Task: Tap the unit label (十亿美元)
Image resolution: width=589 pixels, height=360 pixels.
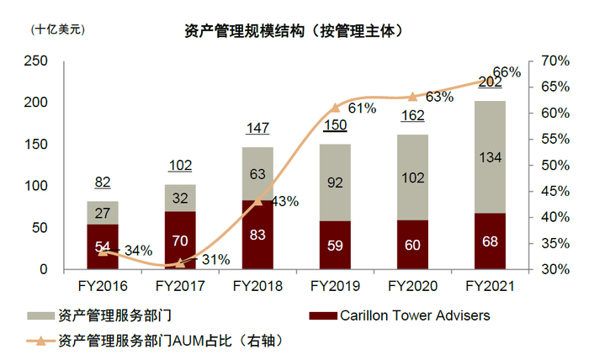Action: pos(58,29)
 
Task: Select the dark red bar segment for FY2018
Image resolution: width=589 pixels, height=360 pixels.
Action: pos(258,235)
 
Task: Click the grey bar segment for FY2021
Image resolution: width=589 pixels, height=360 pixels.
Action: pos(491,157)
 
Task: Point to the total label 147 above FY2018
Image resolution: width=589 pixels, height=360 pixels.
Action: pos(258,128)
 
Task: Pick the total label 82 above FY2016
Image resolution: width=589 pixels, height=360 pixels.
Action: pos(103,183)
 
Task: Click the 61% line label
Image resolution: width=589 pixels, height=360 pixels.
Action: pos(361,109)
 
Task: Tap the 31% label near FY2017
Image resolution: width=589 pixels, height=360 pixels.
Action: pos(216,260)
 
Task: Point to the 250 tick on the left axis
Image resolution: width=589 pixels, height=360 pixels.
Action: pos(36,61)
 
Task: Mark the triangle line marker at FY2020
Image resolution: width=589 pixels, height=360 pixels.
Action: pos(413,97)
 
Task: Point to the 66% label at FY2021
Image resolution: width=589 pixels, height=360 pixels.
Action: pos(507,72)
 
